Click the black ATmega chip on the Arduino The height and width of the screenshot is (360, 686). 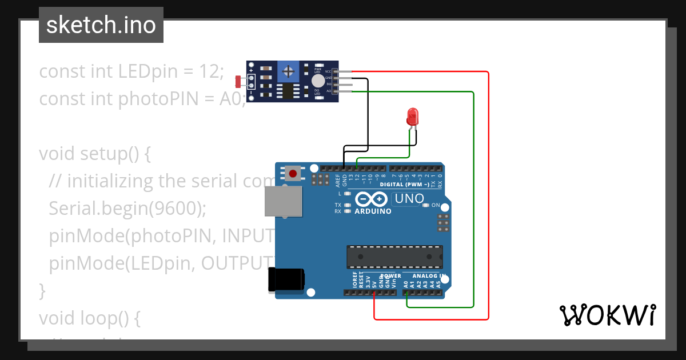394,257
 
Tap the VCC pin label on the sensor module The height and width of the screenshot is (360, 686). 328,71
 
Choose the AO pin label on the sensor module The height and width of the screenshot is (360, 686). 328,91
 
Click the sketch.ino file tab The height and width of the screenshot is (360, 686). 101,25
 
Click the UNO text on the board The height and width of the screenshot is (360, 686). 409,199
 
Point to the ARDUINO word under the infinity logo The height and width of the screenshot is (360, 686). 373,211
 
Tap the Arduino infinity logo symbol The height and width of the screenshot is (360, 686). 372,199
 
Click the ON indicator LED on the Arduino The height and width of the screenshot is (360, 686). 425,205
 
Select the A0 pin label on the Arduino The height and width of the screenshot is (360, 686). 406,283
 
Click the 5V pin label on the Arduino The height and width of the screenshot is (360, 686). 374,283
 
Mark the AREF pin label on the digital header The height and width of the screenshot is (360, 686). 338,181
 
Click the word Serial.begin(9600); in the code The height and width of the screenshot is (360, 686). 127,208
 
